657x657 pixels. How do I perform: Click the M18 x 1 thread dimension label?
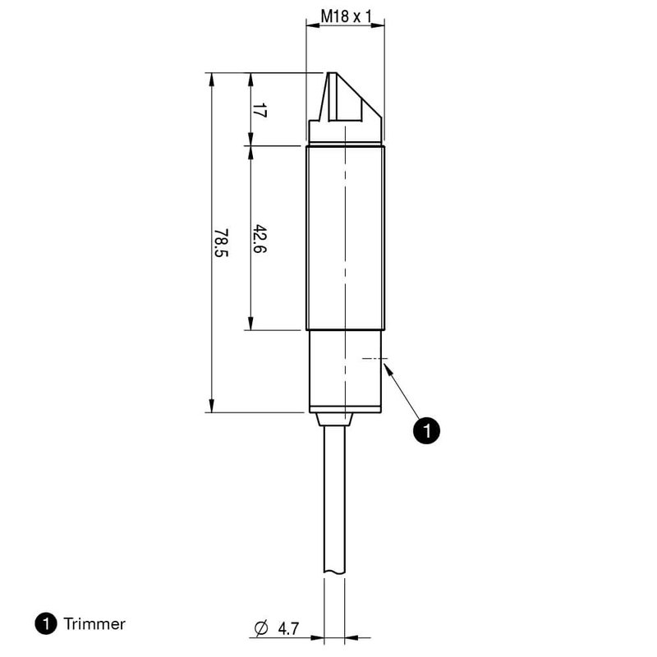tap(346, 16)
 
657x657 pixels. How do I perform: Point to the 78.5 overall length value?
tap(221, 243)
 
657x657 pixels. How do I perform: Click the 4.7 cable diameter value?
tap(287, 629)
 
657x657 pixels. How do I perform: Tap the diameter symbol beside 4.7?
tap(262, 629)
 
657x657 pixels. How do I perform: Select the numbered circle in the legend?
tap(46, 624)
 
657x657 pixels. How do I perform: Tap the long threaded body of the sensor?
tap(346, 238)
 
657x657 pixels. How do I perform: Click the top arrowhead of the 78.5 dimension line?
tap(212, 78)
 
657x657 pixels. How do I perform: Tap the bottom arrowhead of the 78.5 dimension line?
tap(212, 407)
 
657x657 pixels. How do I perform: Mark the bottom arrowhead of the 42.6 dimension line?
tap(250, 325)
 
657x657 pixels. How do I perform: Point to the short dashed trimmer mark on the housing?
tap(373, 358)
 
